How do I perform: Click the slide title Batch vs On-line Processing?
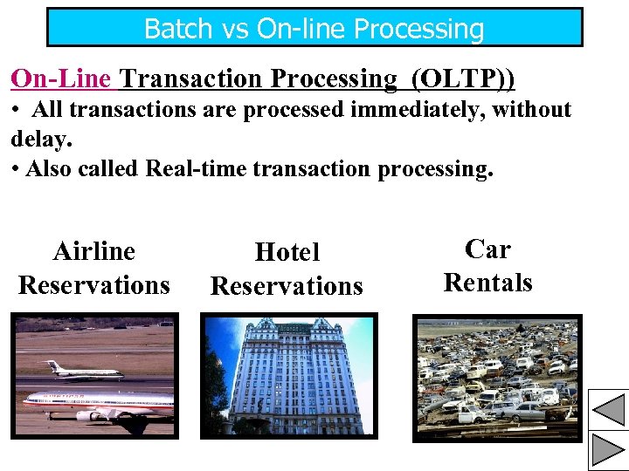coord(314,29)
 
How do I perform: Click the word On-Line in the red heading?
coord(61,79)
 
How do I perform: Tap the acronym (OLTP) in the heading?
coord(462,79)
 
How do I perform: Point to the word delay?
coord(40,140)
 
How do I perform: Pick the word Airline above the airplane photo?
coord(94,251)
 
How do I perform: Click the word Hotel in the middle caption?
coord(287,253)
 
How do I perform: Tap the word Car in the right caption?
coord(487,249)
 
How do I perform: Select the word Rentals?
coord(487,283)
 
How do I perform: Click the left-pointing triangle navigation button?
coord(608,408)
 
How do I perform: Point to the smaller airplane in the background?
coord(86,370)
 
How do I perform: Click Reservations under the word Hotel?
coord(287,286)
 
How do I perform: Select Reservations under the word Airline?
coord(94,285)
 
